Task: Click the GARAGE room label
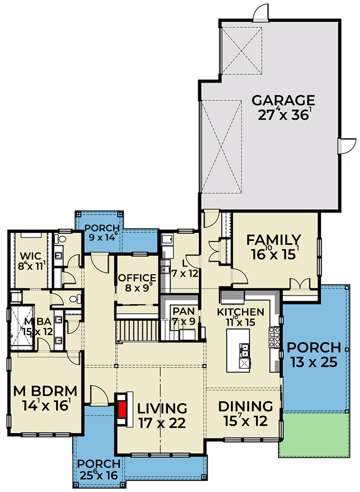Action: point(283,101)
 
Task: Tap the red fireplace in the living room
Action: point(123,409)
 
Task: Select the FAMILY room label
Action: point(274,240)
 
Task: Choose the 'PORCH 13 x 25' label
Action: point(314,349)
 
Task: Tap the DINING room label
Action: point(246,407)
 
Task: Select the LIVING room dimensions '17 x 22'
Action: point(162,424)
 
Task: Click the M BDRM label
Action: point(42,392)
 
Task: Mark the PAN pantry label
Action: point(181,311)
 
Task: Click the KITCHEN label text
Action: point(240,312)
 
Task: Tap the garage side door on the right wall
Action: point(342,145)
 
